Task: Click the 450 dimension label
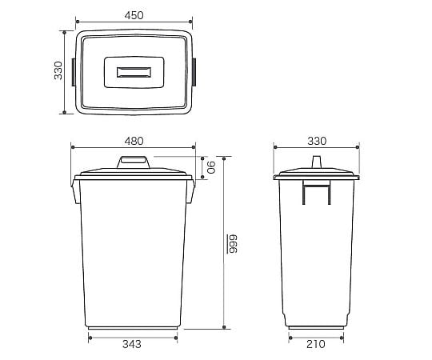pyautogui.click(x=134, y=15)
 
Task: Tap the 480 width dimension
pyautogui.click(x=134, y=141)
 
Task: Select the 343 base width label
pyautogui.click(x=132, y=344)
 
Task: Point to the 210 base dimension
pyautogui.click(x=316, y=344)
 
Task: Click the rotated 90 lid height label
pyautogui.click(x=211, y=167)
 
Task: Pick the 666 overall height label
pyautogui.click(x=232, y=244)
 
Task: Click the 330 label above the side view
pyautogui.click(x=317, y=141)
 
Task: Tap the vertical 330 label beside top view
pyautogui.click(x=58, y=70)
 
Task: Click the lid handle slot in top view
pyautogui.click(x=134, y=72)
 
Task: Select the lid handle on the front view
pyautogui.click(x=134, y=162)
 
